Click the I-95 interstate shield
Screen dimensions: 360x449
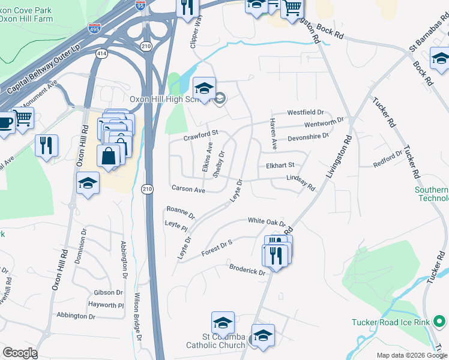(x=140, y=5)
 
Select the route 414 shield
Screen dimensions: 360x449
(x=101, y=54)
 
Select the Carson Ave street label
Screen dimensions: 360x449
(x=188, y=189)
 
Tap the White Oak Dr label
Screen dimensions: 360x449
(x=267, y=221)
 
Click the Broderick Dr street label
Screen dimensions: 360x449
(x=247, y=268)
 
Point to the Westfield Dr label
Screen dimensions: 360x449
(x=305, y=112)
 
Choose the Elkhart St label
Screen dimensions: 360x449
(x=280, y=165)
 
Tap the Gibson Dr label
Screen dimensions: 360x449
(x=108, y=293)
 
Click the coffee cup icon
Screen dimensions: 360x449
(x=5, y=122)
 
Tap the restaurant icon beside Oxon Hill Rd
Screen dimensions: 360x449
(x=46, y=144)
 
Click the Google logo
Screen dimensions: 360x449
(x=20, y=353)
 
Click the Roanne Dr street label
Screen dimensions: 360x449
(x=181, y=211)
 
